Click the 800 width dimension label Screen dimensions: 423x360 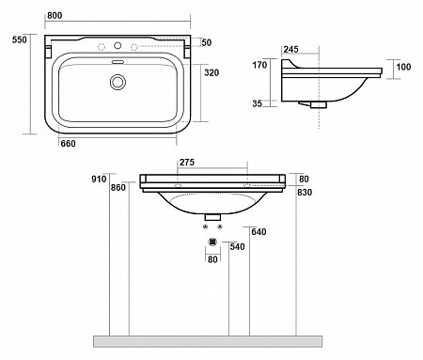(x=55, y=16)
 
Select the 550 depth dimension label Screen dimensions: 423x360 (x=20, y=39)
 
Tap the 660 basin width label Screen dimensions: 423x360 (x=68, y=144)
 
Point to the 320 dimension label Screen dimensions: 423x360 (x=211, y=72)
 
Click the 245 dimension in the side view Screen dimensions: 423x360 (x=291, y=50)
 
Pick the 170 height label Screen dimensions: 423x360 (x=259, y=65)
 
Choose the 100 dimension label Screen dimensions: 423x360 (x=403, y=67)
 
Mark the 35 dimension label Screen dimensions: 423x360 (x=258, y=103)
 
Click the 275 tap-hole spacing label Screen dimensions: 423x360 (x=187, y=163)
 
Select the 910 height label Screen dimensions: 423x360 (x=99, y=179)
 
